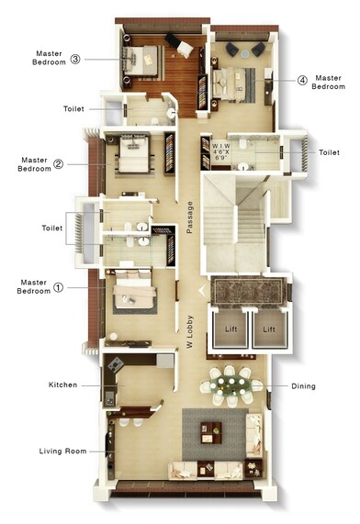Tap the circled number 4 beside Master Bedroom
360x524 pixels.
302,80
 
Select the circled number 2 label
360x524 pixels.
58,165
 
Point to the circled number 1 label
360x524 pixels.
58,286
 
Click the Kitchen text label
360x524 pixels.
62,385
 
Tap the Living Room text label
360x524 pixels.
62,451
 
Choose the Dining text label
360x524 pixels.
303,386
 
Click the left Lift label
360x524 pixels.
227,328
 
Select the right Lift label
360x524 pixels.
269,328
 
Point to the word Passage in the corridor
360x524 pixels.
189,217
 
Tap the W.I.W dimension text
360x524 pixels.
221,152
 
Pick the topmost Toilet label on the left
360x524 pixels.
74,108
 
